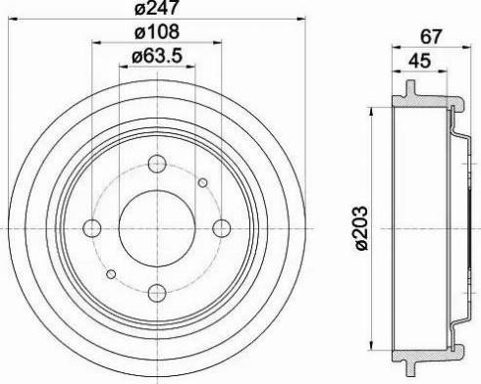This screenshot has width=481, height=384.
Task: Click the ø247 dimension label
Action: point(155,12)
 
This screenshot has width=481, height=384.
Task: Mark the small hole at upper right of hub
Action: point(202,183)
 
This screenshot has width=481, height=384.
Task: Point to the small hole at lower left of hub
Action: point(112,272)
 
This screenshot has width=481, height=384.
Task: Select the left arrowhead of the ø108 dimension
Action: point(95,43)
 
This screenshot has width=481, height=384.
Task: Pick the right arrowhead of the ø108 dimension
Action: point(218,43)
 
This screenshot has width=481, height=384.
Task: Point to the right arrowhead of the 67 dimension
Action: point(462,47)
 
